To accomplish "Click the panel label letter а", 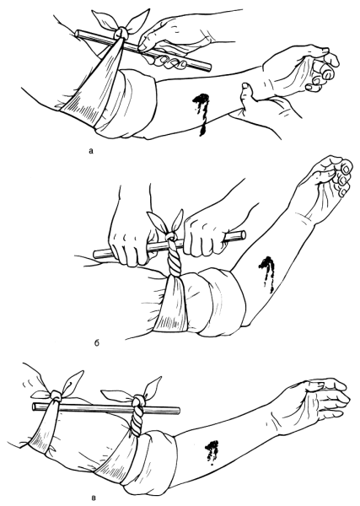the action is [x=91, y=150].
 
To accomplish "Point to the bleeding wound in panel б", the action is [x=267, y=271].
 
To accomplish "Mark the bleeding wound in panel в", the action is [x=212, y=452].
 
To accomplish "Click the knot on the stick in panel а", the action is [x=121, y=32].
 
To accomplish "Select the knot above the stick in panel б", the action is [x=171, y=237].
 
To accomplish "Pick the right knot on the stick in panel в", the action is [x=138, y=400].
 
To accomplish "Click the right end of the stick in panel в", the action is [x=177, y=412].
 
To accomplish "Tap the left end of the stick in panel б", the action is [x=96, y=254].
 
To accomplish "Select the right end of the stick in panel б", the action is [x=243, y=234].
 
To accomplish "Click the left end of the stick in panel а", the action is [x=78, y=33].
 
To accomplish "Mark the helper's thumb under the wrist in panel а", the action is [x=247, y=89].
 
